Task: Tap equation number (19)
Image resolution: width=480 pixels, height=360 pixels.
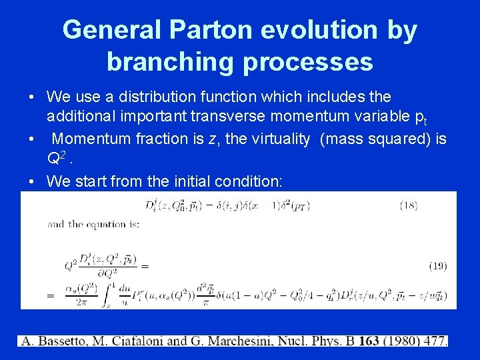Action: [437, 266]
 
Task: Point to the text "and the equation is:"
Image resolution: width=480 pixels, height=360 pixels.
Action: [93, 224]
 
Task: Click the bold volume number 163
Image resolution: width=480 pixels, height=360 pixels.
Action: [368, 341]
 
